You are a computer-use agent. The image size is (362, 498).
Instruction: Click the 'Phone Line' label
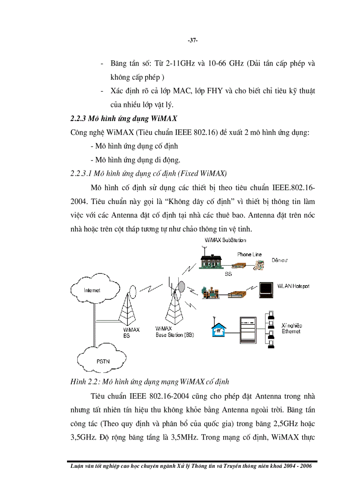click(249, 255)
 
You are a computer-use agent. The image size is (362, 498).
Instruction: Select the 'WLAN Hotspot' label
click(293, 286)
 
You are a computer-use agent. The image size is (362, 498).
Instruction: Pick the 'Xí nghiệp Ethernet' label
click(291, 328)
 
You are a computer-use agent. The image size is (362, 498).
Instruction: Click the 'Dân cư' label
click(280, 260)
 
